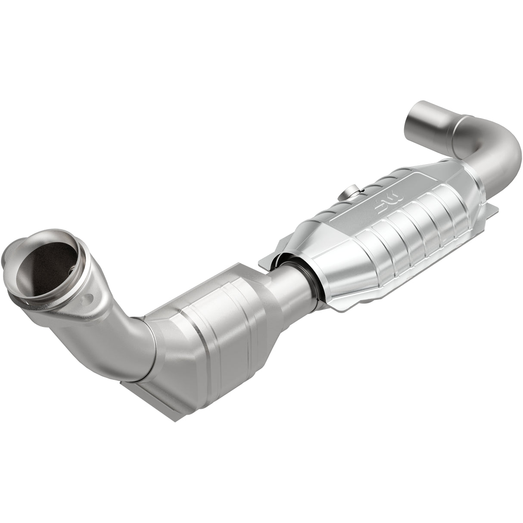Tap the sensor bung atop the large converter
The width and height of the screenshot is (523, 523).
point(351,192)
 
